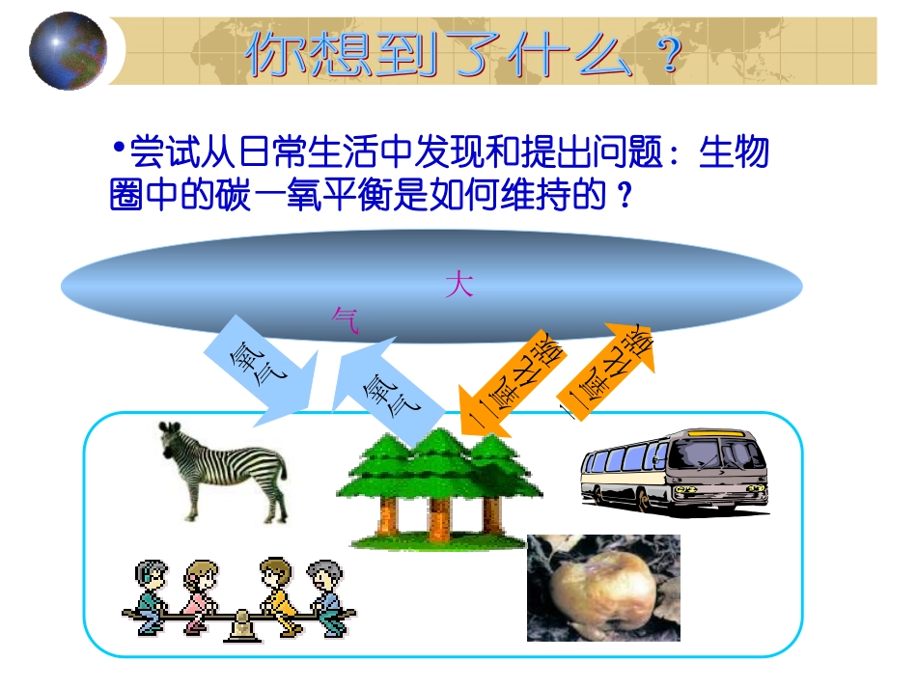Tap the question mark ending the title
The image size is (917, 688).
point(663,57)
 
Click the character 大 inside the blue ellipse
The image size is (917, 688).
point(459,287)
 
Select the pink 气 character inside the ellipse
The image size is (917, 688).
point(345,319)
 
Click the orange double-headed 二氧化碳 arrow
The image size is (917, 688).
point(607,370)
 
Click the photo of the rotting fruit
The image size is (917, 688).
point(603,588)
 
